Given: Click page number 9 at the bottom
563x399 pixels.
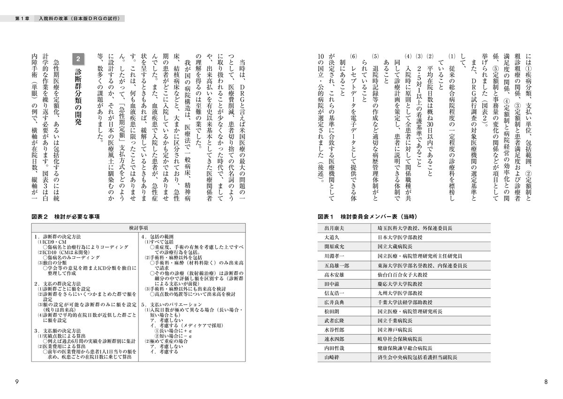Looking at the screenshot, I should tap(17, 382).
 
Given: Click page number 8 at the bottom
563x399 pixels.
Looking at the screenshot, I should tap(546, 382).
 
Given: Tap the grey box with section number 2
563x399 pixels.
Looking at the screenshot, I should tap(79, 60).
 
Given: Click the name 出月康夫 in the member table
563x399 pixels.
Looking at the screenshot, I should tap(334, 228).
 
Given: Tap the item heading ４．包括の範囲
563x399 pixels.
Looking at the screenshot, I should tap(161, 237).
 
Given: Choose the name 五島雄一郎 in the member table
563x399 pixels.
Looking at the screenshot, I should tap(337, 265).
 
